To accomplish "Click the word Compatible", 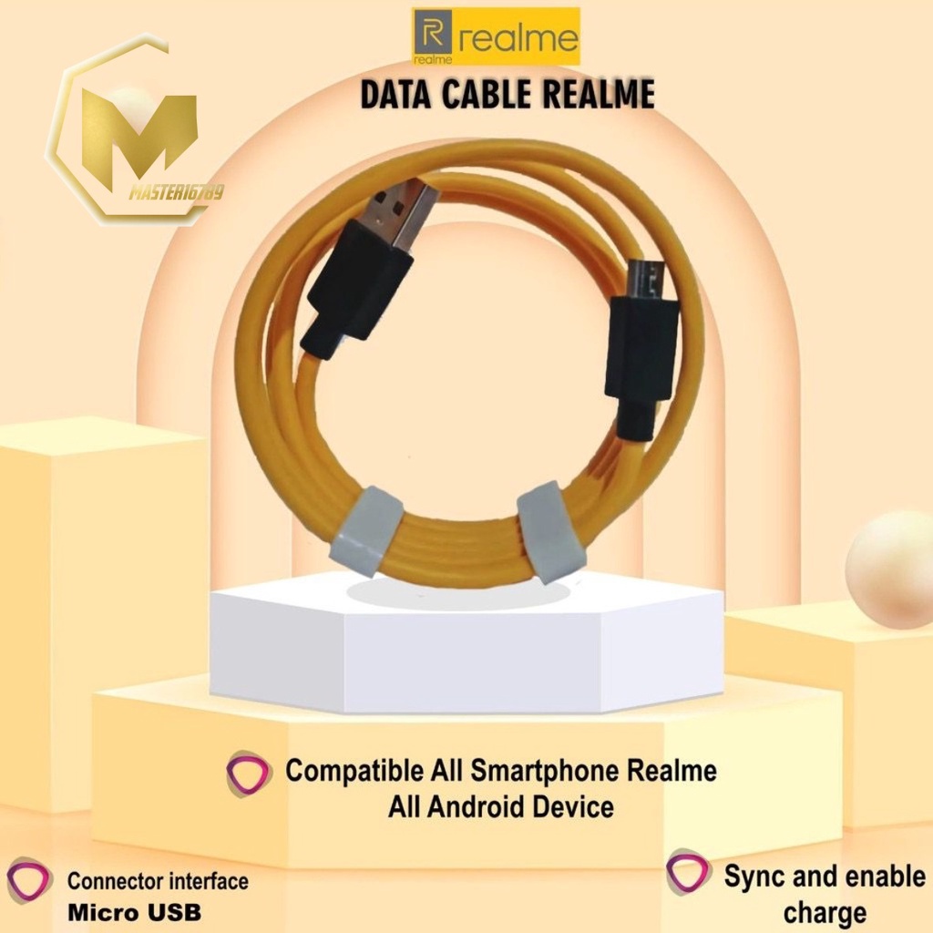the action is point(355,771).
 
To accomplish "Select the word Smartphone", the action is point(548,771).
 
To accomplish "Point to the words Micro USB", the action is point(134,911).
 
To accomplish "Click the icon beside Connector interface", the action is point(29,883).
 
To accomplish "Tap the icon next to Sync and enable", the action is point(688,873).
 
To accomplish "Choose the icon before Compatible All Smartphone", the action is point(248,774).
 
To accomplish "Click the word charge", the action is point(824,912).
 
